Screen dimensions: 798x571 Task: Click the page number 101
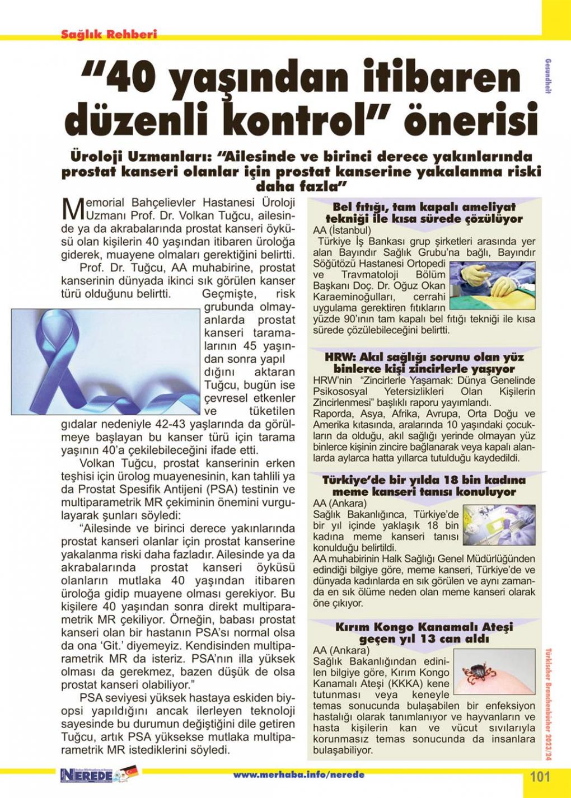click(540, 776)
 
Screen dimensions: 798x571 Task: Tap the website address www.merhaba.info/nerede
click(298, 774)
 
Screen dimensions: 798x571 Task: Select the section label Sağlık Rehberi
click(109, 34)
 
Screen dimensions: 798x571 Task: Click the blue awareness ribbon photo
click(105, 362)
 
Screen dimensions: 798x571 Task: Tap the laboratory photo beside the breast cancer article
click(499, 524)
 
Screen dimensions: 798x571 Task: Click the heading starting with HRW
click(424, 363)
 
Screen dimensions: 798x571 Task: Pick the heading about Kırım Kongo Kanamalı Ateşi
click(424, 633)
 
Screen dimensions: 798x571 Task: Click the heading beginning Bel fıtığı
click(424, 213)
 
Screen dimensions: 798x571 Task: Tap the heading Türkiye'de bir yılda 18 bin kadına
click(424, 486)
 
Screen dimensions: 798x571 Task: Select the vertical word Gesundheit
click(547, 76)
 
